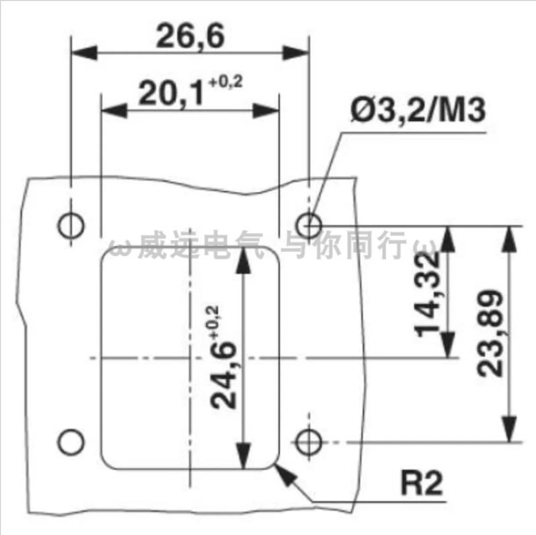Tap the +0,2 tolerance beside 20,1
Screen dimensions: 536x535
226,82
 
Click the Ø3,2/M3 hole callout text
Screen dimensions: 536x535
419,111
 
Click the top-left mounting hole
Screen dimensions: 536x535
71,225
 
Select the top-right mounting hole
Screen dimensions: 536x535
309,225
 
